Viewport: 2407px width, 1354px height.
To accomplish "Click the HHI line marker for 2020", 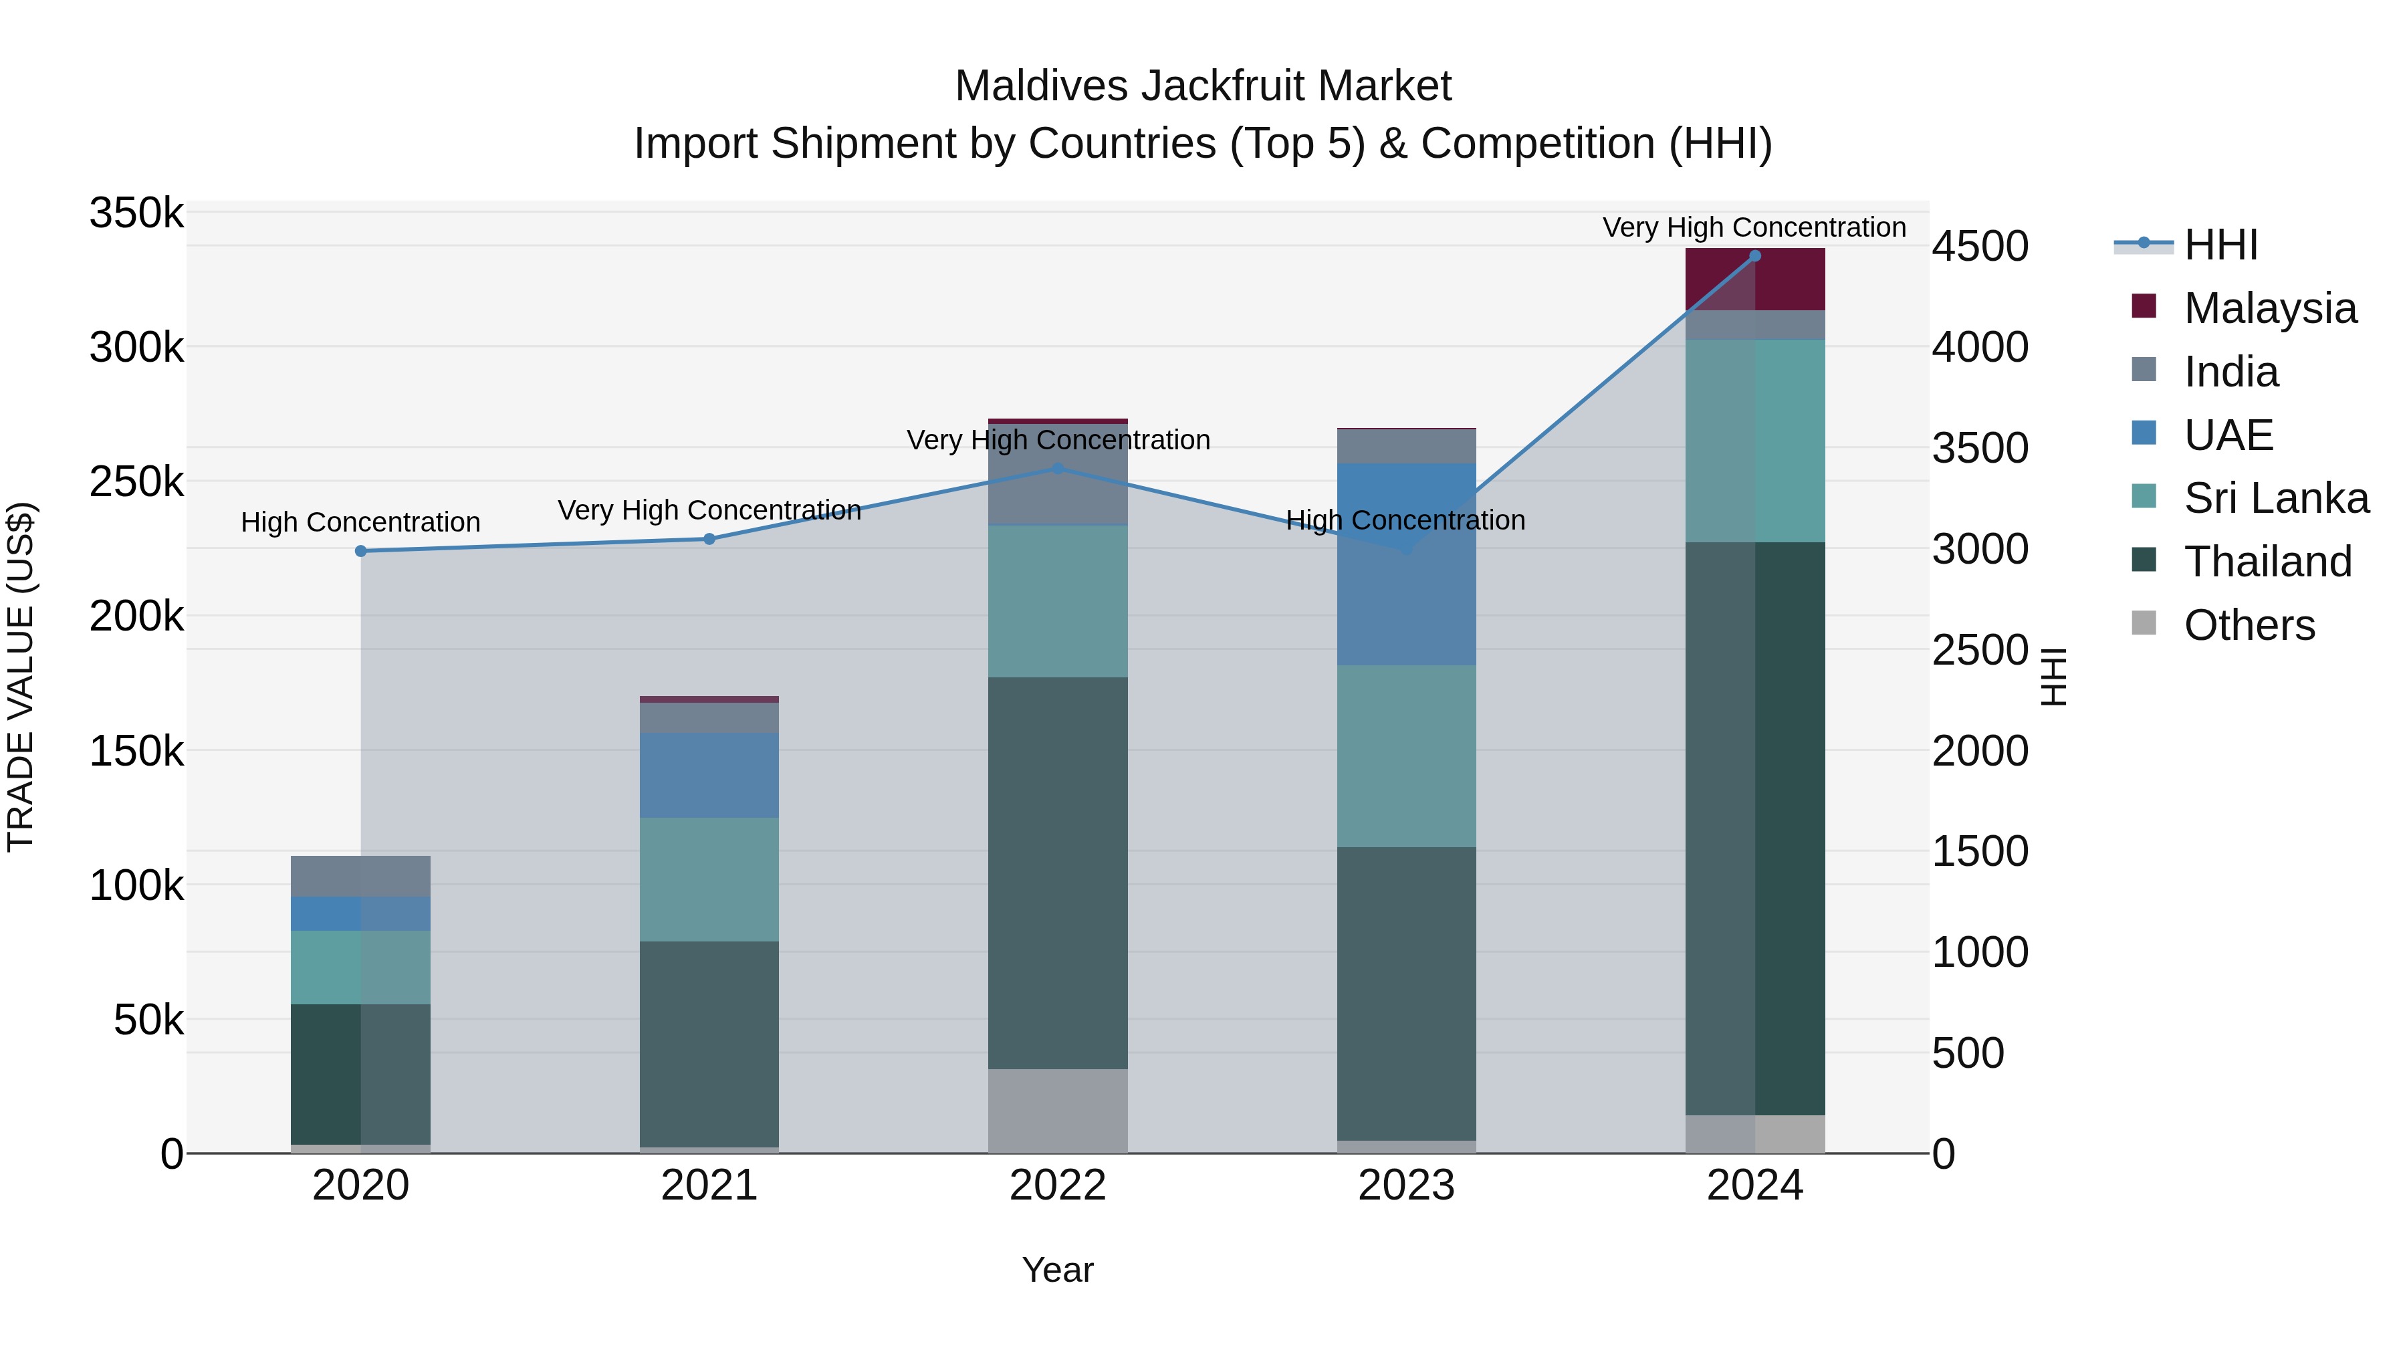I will (360, 552).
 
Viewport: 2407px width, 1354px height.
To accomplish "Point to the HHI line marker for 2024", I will (1755, 256).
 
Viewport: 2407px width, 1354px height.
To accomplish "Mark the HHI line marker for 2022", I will (1058, 468).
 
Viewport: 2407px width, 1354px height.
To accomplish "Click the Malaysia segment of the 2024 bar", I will (1755, 279).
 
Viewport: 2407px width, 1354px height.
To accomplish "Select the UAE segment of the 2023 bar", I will (1406, 564).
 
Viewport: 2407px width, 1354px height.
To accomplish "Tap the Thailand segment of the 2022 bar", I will (1058, 873).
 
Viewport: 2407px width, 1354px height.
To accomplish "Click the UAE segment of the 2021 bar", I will (709, 775).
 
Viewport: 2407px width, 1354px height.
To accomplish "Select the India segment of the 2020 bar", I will (360, 877).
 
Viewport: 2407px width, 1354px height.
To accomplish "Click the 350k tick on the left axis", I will (136, 213).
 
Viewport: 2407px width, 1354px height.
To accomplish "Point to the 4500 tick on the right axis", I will (1980, 247).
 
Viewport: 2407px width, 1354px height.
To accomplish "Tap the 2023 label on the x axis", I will (1406, 1186).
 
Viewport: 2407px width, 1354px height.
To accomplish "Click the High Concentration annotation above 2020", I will (360, 522).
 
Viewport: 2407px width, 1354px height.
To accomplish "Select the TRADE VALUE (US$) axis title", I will (21, 677).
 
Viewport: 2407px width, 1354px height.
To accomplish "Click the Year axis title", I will (1058, 1270).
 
